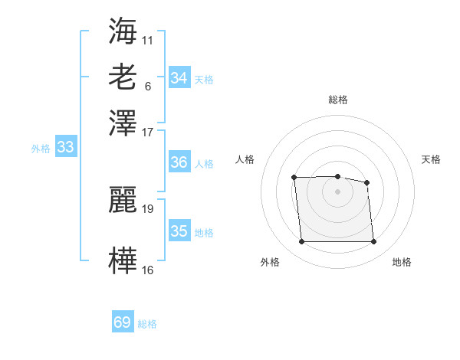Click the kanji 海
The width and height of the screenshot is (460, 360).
(123, 31)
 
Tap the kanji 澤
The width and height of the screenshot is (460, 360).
(123, 122)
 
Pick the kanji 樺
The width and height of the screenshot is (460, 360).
(123, 260)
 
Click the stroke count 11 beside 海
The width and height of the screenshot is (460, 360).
(148, 39)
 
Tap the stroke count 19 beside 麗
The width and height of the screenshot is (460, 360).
(148, 208)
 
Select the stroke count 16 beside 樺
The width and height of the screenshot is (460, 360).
(148, 269)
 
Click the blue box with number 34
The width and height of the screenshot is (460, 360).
(179, 78)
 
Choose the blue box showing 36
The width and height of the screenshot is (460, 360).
(179, 162)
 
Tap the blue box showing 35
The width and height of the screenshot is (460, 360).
(179, 231)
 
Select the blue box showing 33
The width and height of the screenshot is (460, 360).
(65, 148)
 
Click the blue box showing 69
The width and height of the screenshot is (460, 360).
(123, 322)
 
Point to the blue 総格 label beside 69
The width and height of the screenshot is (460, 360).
(147, 324)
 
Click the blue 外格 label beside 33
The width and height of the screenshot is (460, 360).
(41, 149)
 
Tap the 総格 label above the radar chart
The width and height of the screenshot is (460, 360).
(337, 100)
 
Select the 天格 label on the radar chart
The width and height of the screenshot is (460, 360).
(432, 159)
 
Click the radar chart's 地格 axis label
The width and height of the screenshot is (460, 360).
(402, 262)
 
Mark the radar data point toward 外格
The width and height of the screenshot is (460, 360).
(301, 242)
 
